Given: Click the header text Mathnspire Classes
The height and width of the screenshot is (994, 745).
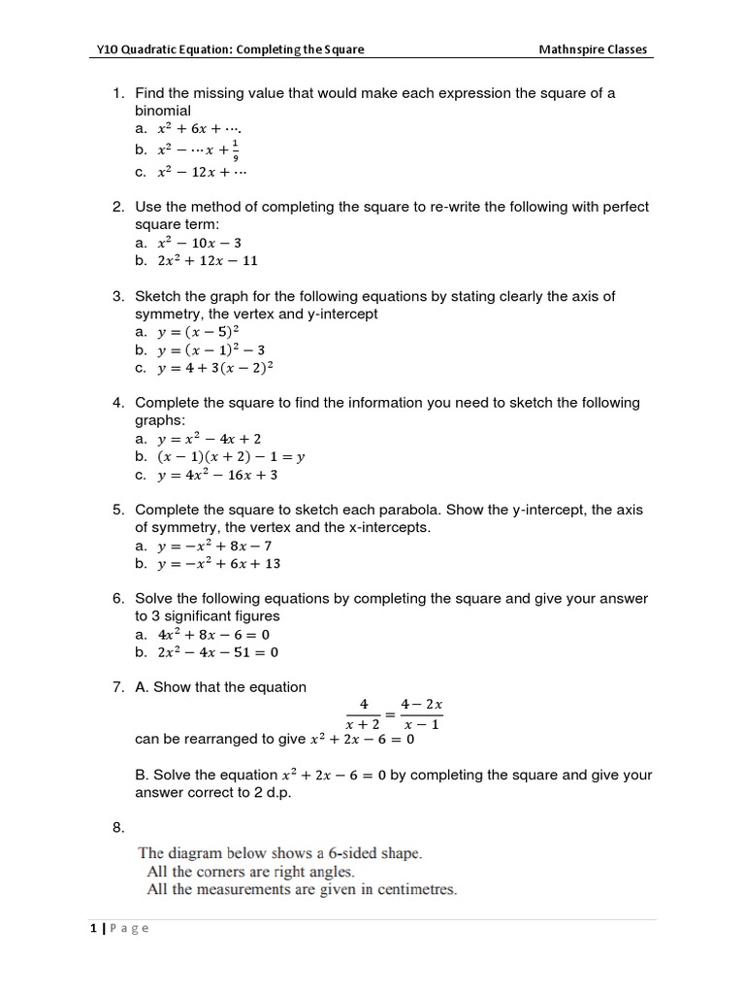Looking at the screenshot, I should [x=593, y=50].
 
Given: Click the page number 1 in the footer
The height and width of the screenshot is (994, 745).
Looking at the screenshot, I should [x=93, y=928].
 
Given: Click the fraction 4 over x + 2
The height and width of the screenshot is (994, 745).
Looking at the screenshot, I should [x=364, y=713].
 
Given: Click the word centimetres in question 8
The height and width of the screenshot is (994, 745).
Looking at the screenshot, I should [x=407, y=889].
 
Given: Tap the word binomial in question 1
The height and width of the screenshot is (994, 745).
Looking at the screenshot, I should [x=163, y=111].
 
